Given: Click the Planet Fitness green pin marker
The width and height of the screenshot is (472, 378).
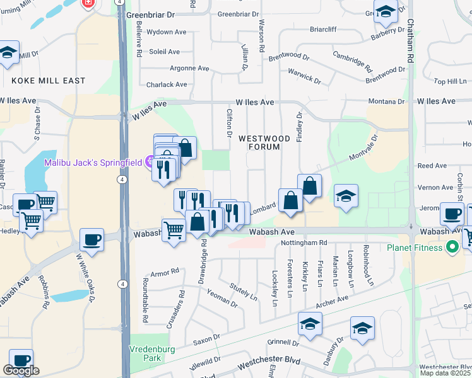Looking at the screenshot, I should (x=452, y=246).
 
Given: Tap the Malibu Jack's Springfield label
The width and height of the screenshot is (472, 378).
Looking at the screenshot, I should (x=93, y=163).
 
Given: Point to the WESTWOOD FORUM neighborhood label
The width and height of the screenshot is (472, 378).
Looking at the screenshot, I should (x=264, y=142).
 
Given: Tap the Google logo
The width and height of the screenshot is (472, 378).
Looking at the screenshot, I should (x=21, y=370).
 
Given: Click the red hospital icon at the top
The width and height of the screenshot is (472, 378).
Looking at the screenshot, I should (x=88, y=3).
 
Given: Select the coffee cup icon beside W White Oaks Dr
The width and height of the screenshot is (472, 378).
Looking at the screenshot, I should (x=92, y=240).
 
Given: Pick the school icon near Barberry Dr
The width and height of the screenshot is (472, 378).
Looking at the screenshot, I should (x=386, y=12).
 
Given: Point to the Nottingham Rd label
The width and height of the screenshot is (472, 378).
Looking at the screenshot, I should (x=305, y=242).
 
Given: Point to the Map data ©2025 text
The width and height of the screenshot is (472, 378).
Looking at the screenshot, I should (x=445, y=373).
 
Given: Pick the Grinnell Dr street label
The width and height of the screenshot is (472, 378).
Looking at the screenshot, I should (x=282, y=343).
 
